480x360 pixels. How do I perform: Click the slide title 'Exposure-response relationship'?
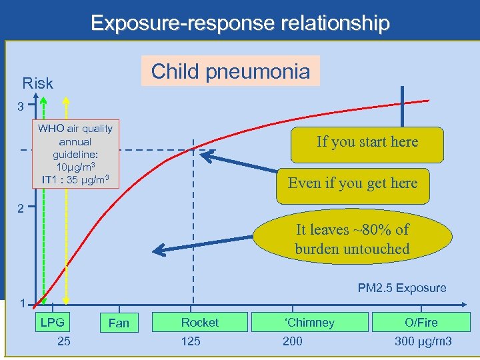coord(240,23)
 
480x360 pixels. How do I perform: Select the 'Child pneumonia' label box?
coord(230,71)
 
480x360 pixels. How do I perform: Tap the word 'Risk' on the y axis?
coord(37,83)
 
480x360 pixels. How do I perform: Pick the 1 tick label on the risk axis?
coord(22,304)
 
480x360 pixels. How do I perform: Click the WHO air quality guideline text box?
coord(75,154)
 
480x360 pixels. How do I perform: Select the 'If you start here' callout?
coord(367,142)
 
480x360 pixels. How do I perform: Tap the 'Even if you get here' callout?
coord(353,183)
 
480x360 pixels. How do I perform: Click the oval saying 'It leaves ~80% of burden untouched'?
coord(352,239)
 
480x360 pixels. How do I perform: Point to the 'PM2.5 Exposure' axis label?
coord(402,288)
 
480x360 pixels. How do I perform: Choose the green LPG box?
coord(53,323)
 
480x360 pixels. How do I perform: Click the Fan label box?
coord(119,323)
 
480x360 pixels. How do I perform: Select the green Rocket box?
coord(200,323)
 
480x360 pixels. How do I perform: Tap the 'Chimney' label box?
coord(310,323)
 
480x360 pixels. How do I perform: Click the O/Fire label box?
coord(421,323)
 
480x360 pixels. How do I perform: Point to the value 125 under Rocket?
coord(191,341)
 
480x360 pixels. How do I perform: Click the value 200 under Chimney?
coord(292,341)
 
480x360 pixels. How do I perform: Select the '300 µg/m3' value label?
coord(423,341)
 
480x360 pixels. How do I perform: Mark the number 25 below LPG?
coord(64,341)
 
